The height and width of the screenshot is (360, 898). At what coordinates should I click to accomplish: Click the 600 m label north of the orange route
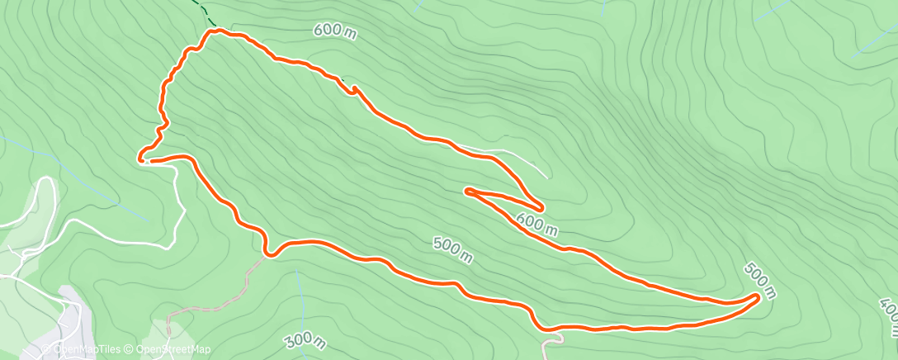coord(335,31)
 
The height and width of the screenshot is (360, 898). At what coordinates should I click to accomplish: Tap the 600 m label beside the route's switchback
coord(537,221)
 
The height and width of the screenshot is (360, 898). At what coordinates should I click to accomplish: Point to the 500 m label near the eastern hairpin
coord(760,279)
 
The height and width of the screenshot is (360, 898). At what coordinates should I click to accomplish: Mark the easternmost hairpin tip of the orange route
coord(757,296)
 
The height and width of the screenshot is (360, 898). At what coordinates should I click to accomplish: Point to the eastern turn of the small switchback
coord(540,206)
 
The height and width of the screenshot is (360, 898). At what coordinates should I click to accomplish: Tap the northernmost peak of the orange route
coord(218,31)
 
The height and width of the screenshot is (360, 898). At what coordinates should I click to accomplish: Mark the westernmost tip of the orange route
coord(140,156)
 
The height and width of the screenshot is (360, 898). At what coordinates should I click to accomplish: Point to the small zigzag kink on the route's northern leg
coord(355,90)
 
